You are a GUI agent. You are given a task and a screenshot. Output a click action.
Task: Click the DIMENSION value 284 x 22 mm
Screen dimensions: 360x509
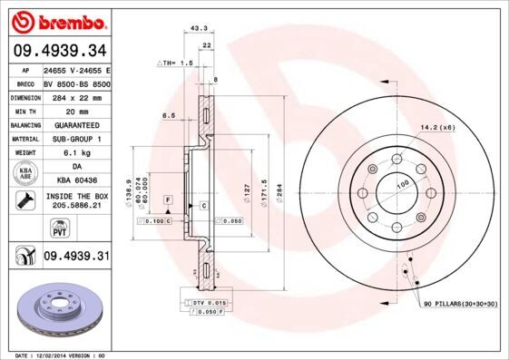click(76, 97)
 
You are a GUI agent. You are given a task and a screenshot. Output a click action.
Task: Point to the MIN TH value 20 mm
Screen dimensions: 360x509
click(76, 111)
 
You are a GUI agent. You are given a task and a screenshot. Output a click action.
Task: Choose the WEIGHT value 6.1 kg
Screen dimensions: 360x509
click(76, 153)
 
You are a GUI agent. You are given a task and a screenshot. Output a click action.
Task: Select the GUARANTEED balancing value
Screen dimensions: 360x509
click(76, 125)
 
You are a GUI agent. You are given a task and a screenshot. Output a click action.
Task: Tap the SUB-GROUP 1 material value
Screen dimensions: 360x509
click(76, 140)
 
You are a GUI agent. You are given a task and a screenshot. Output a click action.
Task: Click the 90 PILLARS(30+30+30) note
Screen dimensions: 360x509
click(459, 305)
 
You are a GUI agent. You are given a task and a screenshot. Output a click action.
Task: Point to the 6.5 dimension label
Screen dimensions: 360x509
click(168, 116)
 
